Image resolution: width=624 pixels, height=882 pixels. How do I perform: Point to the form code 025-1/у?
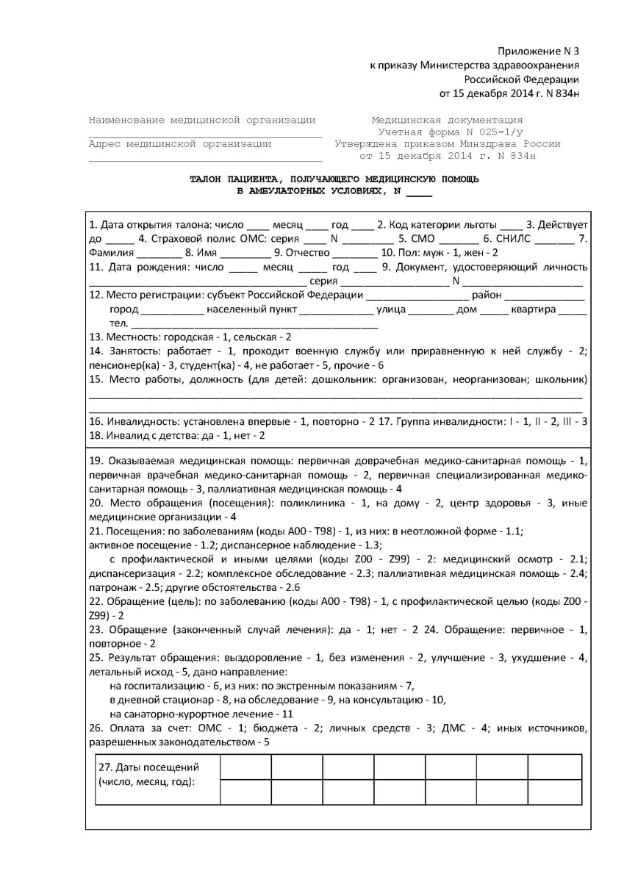point(497,132)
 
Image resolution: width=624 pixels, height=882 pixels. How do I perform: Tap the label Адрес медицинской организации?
point(179,144)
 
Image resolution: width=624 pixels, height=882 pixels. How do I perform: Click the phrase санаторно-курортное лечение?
point(189,714)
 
